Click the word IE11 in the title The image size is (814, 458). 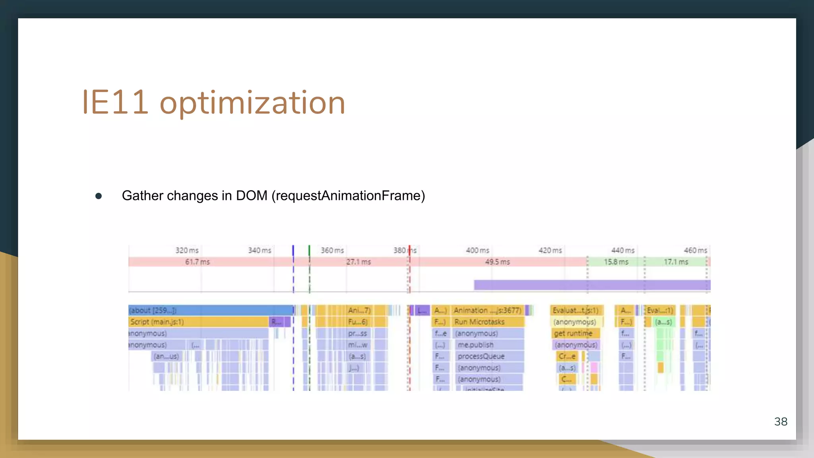tap(115, 103)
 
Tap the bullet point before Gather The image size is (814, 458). tap(99, 196)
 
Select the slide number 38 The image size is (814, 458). tap(781, 421)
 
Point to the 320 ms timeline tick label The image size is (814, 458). tap(187, 250)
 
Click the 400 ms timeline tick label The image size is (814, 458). tap(477, 250)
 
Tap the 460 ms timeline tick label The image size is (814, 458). tap(695, 250)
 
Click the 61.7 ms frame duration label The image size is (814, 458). tap(198, 262)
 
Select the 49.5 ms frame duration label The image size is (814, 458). tap(497, 262)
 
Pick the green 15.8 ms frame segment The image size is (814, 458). tap(616, 262)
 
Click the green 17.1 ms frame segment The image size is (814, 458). tap(676, 262)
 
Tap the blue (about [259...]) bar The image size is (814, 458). tap(211, 310)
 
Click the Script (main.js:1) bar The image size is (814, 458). tap(199, 322)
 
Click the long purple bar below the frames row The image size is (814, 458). tap(592, 285)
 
